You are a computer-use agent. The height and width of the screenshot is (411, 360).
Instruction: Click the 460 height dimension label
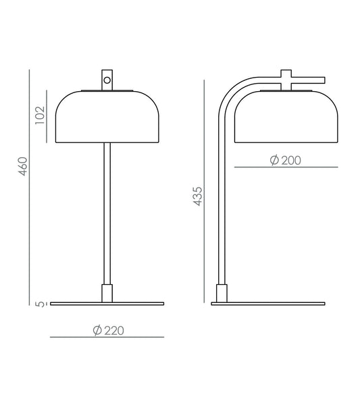tap(22, 166)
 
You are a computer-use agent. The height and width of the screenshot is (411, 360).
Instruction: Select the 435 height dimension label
tap(197, 196)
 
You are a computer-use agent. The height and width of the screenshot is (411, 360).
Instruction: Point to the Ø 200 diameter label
tap(284, 160)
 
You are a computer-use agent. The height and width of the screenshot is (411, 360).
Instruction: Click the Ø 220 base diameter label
tap(108, 330)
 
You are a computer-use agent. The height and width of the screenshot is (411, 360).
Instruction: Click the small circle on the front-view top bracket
tap(107, 81)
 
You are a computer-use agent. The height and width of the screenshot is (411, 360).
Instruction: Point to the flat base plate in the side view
tap(267, 304)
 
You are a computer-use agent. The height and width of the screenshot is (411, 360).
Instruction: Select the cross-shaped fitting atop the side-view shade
tap(286, 78)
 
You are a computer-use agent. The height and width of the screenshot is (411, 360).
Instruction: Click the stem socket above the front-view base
tap(107, 293)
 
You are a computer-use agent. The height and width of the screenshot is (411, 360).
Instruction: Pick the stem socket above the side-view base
tap(220, 293)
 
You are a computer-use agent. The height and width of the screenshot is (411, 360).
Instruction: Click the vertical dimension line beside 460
tap(31, 189)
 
